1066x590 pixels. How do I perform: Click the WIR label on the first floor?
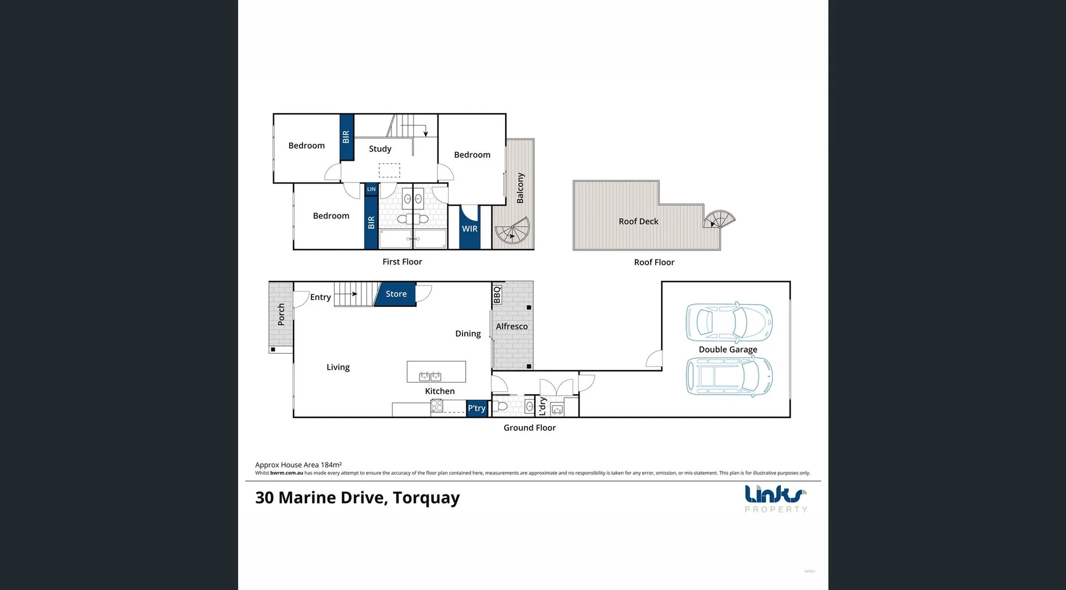(x=470, y=229)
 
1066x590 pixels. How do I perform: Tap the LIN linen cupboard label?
(x=371, y=189)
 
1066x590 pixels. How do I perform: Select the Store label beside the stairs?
(x=396, y=294)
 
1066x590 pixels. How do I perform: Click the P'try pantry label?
(x=476, y=408)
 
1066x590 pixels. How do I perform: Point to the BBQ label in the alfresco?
(x=497, y=295)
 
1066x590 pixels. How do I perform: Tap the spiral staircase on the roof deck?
(x=718, y=220)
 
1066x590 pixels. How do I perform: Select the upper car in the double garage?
(x=728, y=322)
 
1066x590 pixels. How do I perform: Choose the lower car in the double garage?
(x=728, y=376)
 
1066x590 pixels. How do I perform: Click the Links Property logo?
(x=775, y=498)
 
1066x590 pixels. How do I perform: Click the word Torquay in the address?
(x=426, y=498)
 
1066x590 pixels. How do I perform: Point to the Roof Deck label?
(x=638, y=221)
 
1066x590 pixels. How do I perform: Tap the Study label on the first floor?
(x=380, y=149)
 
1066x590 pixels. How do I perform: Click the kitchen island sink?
(x=430, y=377)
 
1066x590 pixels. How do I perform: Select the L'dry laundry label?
(x=543, y=406)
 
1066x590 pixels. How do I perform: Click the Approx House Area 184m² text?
(x=298, y=465)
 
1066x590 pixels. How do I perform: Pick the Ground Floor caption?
(x=529, y=428)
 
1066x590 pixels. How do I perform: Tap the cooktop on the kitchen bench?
(x=437, y=406)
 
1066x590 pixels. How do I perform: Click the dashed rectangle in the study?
(x=389, y=170)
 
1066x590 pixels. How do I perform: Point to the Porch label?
(x=281, y=314)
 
